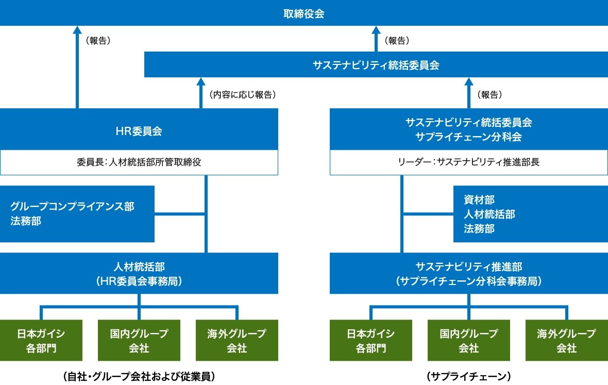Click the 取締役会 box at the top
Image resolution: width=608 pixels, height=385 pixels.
click(x=304, y=13)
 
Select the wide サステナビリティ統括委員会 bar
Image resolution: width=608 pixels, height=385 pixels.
click(x=376, y=65)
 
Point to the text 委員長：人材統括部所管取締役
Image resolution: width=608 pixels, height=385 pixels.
click(x=139, y=162)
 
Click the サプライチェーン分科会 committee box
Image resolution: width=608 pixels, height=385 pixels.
click(x=468, y=129)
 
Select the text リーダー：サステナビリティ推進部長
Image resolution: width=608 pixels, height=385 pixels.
click(x=468, y=162)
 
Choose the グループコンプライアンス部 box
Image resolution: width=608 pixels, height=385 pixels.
click(x=77, y=214)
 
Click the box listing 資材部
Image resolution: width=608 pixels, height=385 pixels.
click(x=530, y=214)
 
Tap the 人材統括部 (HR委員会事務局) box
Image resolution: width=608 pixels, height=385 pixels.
click(x=139, y=273)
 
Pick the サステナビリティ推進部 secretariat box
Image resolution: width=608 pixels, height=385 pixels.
click(x=468, y=273)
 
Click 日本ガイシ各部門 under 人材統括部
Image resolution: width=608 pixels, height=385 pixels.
click(x=41, y=340)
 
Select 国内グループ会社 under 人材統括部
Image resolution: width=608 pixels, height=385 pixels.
click(x=139, y=340)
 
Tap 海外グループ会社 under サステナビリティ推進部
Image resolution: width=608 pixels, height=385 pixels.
click(x=566, y=340)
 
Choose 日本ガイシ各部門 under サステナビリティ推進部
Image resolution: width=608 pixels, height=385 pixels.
click(x=371, y=340)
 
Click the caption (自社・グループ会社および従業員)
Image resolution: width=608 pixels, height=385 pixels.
click(x=139, y=376)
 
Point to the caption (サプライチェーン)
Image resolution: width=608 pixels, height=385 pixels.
click(x=468, y=376)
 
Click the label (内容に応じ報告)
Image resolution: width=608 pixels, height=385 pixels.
click(x=243, y=94)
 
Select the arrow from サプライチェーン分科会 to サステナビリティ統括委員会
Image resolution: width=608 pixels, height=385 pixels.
click(x=468, y=93)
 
